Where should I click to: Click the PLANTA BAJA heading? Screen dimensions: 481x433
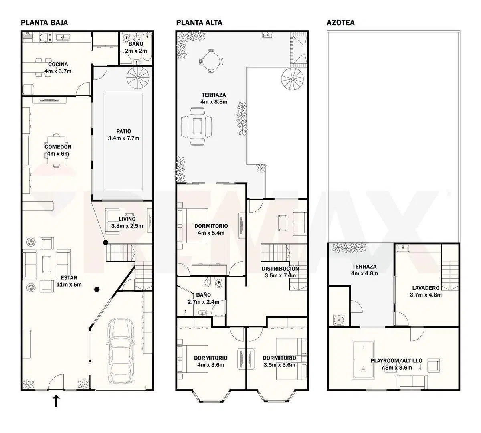coord(44,23)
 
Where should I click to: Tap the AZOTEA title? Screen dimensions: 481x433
coord(340,23)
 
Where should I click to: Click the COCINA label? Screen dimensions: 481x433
coord(58,64)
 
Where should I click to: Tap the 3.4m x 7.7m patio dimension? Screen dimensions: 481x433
coord(123,138)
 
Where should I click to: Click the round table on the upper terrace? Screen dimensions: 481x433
coord(211,61)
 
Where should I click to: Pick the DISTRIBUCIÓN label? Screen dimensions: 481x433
coord(280,269)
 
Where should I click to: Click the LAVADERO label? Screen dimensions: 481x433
coord(426,288)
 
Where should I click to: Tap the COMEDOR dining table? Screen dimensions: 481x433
coord(56,150)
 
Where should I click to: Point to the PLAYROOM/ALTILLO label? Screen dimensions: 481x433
coord(396,361)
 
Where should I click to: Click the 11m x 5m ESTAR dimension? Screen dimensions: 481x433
coord(69,285)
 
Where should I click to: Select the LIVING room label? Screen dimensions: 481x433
coord(127,219)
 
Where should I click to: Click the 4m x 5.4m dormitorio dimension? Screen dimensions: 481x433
coord(211,233)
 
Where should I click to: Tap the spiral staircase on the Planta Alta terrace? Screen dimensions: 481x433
coord(293,79)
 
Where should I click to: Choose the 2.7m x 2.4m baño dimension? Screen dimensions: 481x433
coord(203,302)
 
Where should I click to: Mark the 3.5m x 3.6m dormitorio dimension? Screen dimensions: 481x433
coord(279,365)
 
